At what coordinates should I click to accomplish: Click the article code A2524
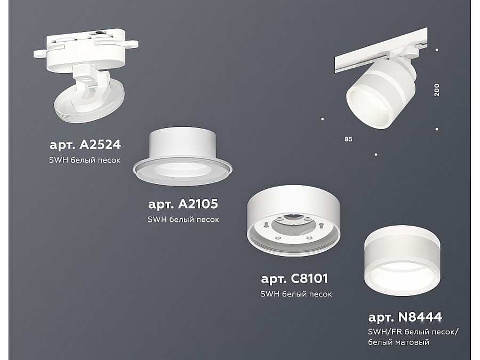coord(100,145)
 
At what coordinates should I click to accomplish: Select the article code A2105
coord(198,204)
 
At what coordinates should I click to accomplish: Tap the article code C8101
coord(309,278)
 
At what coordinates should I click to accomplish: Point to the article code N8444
coord(420,317)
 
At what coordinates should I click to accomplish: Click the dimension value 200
coord(437,90)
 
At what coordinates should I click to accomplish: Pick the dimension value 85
coord(348,139)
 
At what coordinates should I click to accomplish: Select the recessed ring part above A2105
coord(182,156)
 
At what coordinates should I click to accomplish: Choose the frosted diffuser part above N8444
coord(402,260)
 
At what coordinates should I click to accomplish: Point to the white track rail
coord(381,51)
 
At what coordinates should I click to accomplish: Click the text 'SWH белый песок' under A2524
coord(85,160)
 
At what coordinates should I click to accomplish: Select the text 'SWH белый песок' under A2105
coord(183,220)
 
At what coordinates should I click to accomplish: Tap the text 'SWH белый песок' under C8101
coord(296,294)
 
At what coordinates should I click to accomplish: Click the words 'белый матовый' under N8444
coord(398,342)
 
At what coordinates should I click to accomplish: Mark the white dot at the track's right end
coord(437,50)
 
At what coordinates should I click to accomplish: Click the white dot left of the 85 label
coord(323,119)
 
